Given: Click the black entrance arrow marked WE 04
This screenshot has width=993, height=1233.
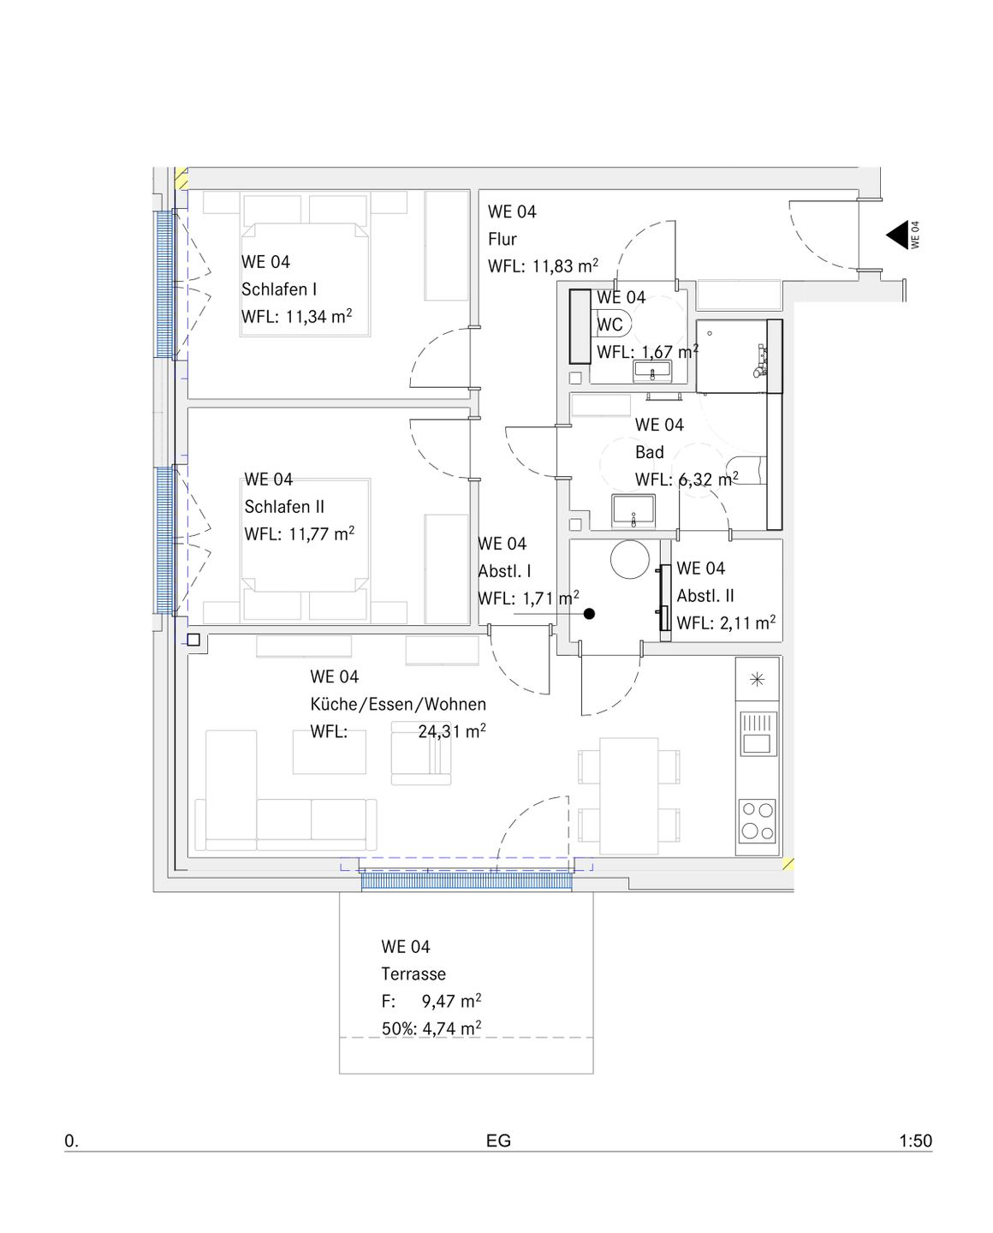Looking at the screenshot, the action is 899,235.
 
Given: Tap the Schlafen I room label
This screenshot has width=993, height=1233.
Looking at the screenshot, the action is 278,289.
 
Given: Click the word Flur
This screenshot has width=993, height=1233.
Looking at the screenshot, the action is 502,239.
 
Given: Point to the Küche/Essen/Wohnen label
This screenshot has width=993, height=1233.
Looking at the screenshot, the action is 398,704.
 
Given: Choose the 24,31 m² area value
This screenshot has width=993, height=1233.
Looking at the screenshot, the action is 452,731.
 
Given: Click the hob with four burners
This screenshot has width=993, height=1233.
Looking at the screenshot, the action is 757,821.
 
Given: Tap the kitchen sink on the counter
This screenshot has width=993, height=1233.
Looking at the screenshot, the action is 757,735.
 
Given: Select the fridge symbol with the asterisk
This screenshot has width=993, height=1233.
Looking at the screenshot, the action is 757,680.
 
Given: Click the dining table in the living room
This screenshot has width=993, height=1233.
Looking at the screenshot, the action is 628,795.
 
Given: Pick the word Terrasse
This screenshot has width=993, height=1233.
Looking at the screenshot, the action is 413,974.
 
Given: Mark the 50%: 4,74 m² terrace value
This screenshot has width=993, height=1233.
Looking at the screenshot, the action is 431,1028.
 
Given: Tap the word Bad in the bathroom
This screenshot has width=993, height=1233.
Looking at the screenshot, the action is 649,452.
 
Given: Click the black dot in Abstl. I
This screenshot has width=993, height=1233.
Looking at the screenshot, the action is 589,614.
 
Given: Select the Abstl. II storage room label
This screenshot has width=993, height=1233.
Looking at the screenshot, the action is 705,596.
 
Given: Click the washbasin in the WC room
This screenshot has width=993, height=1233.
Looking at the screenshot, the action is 652,372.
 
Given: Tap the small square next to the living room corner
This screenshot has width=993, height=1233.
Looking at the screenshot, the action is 193,640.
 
